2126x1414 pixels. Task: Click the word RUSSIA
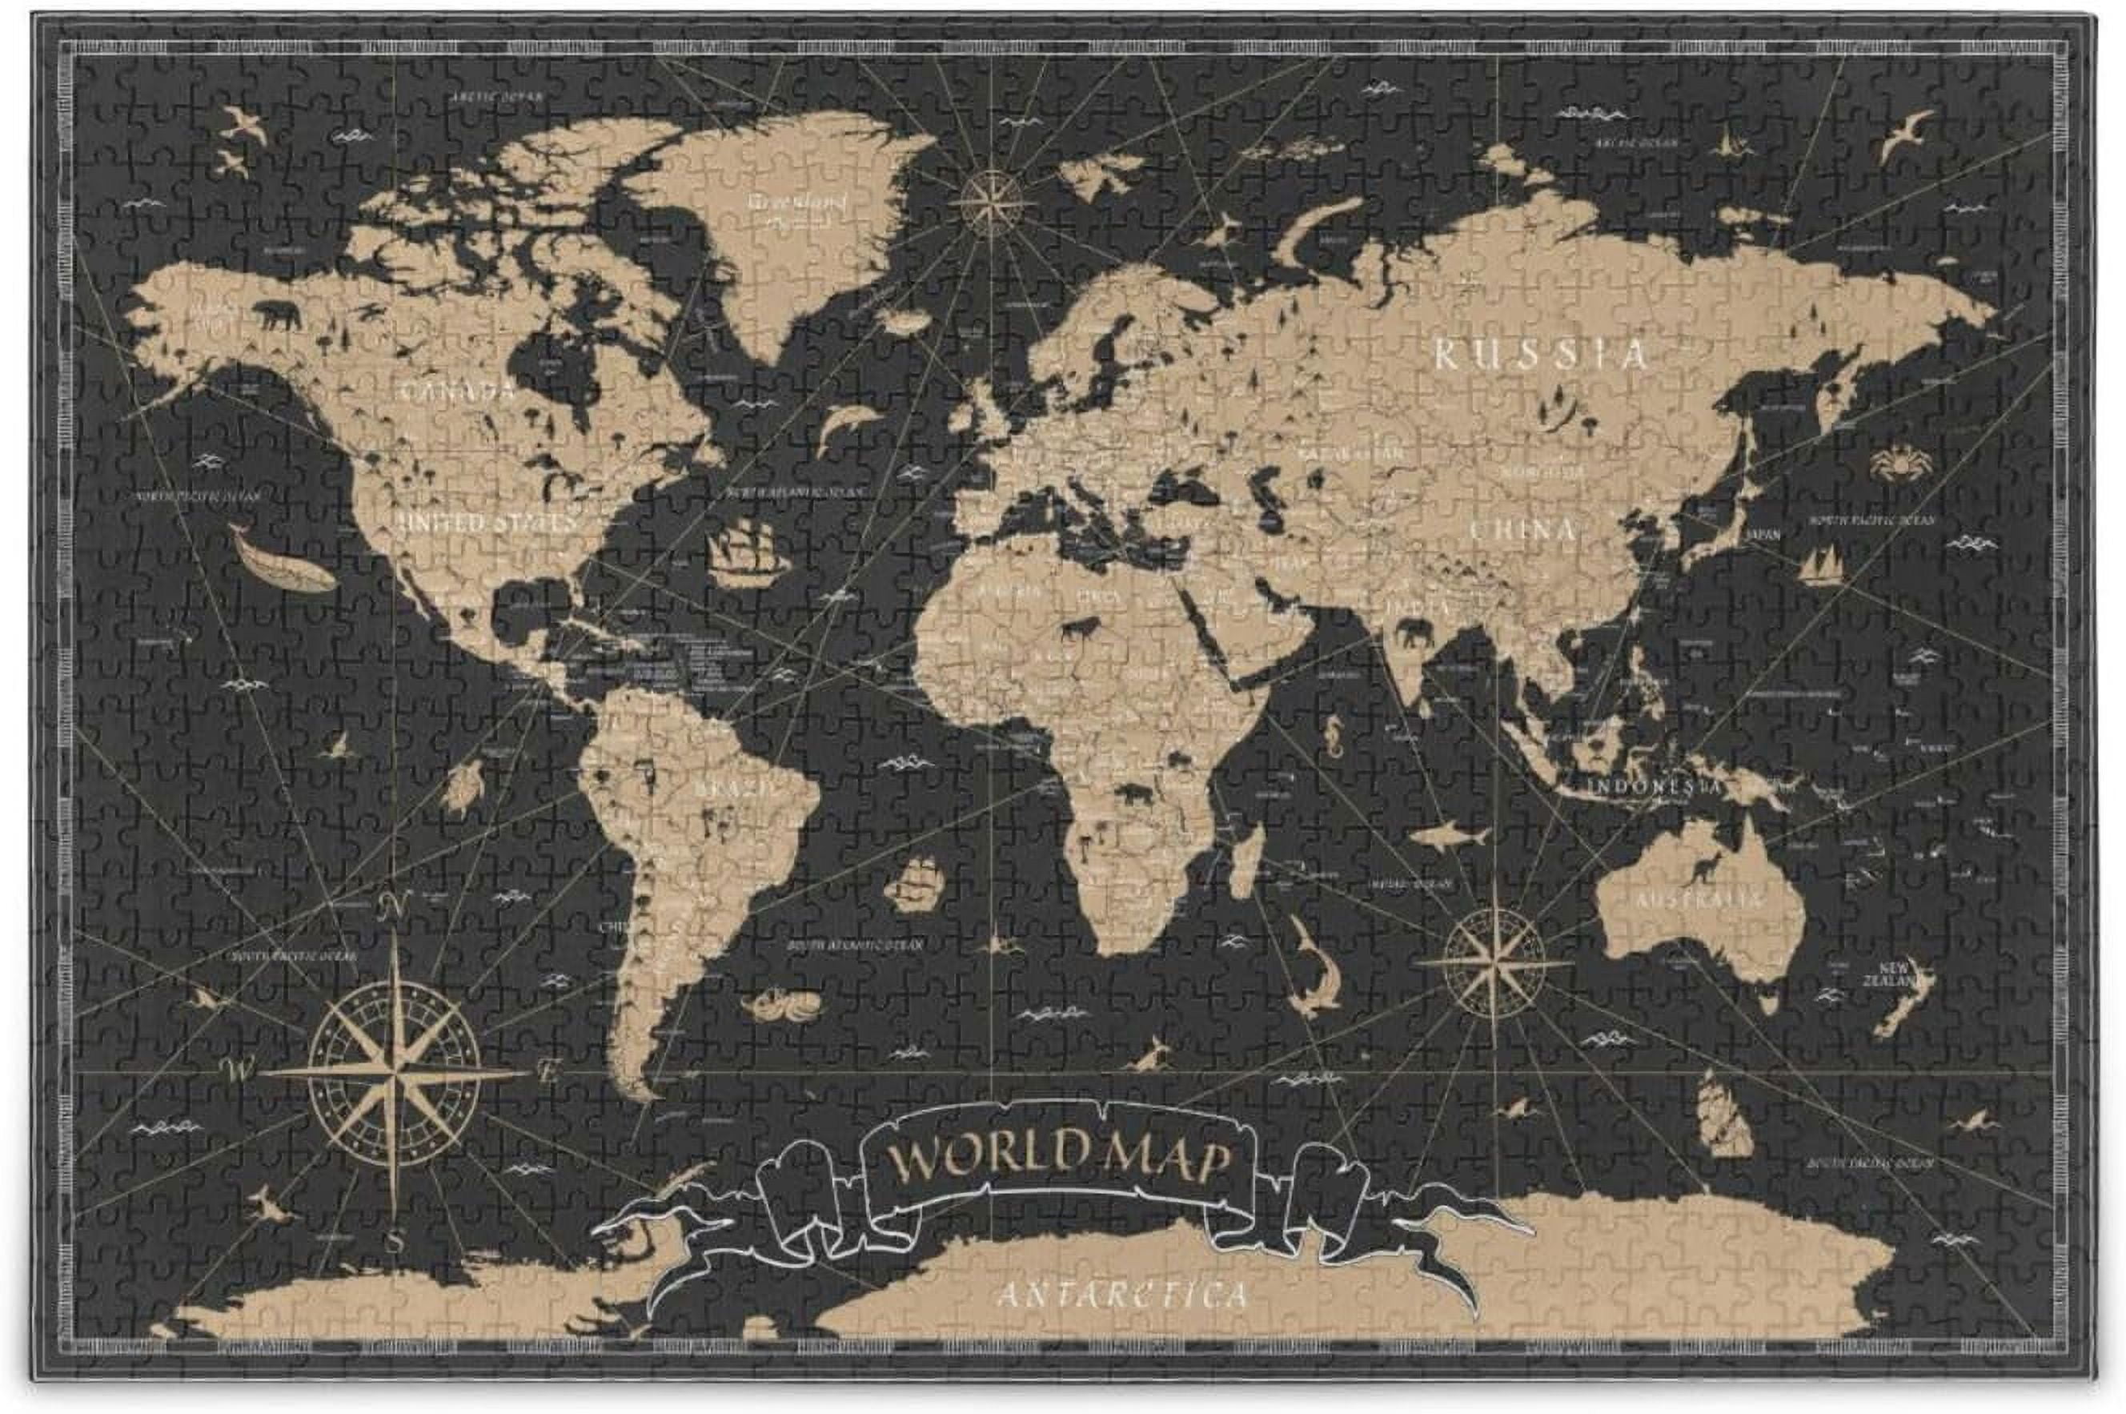pyautogui.click(x=1541, y=355)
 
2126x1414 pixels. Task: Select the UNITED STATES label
pyautogui.click(x=492, y=523)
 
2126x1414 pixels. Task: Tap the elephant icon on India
pyautogui.click(x=1414, y=637)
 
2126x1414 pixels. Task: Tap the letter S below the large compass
pyautogui.click(x=394, y=1243)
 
